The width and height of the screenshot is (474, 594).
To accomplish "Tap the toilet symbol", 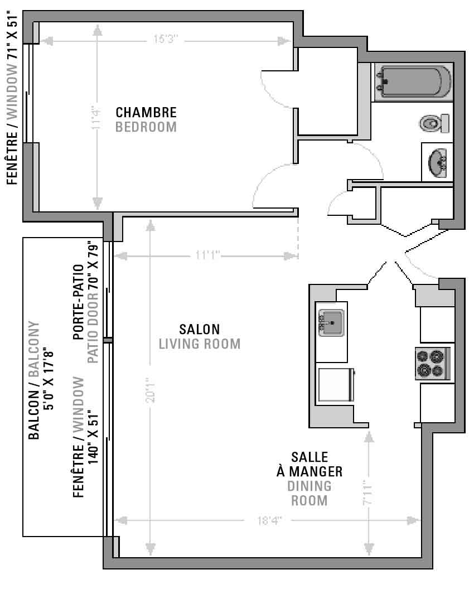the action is click(434, 123).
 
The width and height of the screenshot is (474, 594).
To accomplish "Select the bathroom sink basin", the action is click(438, 162).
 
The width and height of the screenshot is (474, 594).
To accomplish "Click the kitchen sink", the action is click(331, 323).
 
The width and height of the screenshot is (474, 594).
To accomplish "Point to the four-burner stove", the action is click(433, 363).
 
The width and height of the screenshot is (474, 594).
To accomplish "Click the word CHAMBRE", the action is click(146, 113).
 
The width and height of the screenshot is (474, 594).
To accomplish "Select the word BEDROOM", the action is click(146, 127).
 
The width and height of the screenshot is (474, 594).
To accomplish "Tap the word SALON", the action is click(200, 329).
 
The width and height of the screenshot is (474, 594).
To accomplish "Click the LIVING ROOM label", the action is click(200, 344).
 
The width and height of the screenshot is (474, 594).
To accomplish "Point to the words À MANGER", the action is click(309, 472).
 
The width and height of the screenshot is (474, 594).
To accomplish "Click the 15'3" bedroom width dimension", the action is click(166, 39).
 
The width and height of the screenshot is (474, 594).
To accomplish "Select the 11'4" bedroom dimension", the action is click(96, 118).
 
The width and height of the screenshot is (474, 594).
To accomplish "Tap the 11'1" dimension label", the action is click(207, 255).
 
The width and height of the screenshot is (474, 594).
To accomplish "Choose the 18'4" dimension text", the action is click(269, 520).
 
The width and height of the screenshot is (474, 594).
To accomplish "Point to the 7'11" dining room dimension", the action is click(368, 492).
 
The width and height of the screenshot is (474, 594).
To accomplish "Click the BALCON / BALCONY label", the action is click(33, 380).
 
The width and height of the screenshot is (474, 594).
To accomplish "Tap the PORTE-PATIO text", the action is click(79, 302).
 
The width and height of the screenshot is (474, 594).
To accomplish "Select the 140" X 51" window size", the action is click(93, 437).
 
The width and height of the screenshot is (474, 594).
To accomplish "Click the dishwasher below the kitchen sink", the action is click(336, 384).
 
